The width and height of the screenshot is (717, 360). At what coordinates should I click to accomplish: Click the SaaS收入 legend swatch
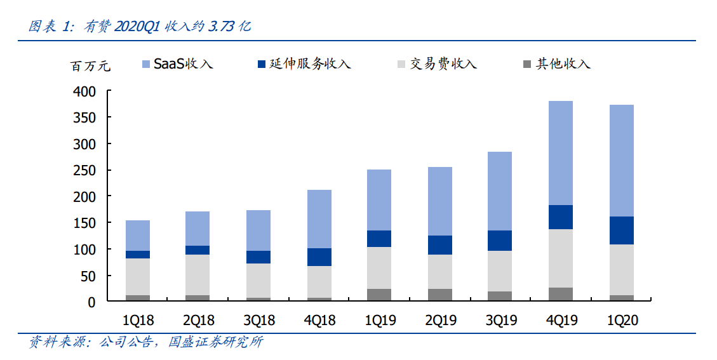click(146, 64)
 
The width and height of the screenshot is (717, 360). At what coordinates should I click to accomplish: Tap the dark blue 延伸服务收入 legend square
click(262, 64)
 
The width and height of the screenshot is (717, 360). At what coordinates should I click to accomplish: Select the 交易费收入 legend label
click(443, 64)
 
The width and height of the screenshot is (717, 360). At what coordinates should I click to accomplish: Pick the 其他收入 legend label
click(563, 64)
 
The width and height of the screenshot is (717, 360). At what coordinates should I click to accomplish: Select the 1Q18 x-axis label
click(138, 321)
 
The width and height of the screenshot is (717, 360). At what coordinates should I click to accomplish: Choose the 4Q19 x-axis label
click(561, 321)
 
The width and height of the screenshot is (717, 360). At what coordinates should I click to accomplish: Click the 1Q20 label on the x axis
click(621, 321)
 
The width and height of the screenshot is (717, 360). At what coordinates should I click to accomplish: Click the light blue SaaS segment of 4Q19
click(561, 153)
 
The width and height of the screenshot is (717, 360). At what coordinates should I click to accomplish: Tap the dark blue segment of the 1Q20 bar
click(621, 230)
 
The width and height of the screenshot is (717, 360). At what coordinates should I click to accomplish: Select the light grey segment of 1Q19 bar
click(379, 268)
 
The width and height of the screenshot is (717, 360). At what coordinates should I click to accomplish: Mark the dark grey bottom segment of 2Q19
click(439, 295)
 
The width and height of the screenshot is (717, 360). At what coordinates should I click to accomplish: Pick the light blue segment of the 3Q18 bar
click(258, 230)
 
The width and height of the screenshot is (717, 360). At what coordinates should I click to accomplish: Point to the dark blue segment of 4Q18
click(319, 257)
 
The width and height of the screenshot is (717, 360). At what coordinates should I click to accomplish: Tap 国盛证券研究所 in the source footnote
click(215, 343)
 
